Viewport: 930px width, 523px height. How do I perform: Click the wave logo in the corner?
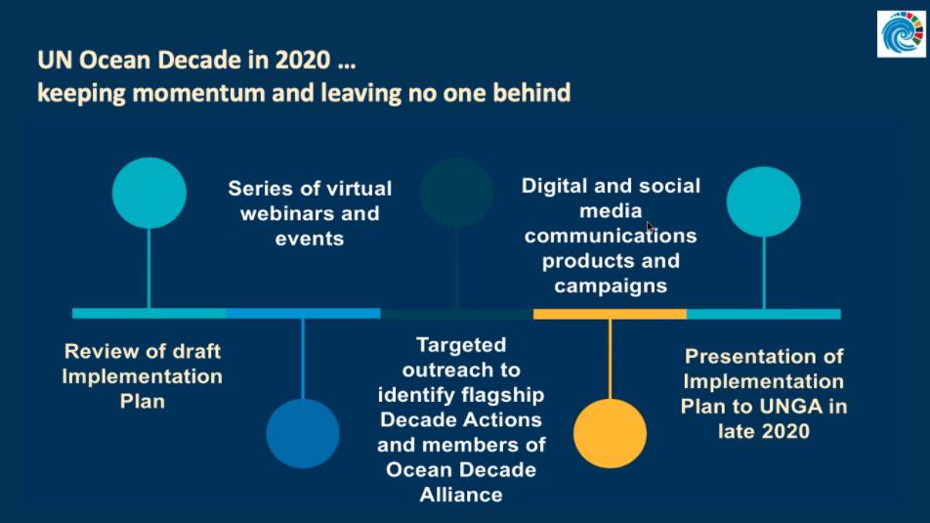point(902,34)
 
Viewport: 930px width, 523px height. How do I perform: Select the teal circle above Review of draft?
point(148,193)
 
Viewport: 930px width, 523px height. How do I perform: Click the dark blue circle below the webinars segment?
point(303,433)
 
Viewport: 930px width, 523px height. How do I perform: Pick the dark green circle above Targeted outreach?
point(457,193)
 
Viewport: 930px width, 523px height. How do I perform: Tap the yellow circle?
point(610,433)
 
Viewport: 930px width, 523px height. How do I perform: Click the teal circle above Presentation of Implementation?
point(763,201)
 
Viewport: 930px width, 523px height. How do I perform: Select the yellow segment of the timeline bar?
point(610,314)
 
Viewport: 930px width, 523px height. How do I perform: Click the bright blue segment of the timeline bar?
point(303,314)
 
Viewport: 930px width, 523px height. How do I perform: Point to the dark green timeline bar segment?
point(457,314)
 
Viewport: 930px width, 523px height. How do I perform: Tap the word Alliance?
point(461,495)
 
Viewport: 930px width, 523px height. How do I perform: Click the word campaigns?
point(611,286)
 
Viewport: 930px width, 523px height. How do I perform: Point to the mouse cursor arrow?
point(650,228)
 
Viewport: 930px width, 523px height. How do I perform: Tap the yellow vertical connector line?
point(610,359)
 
